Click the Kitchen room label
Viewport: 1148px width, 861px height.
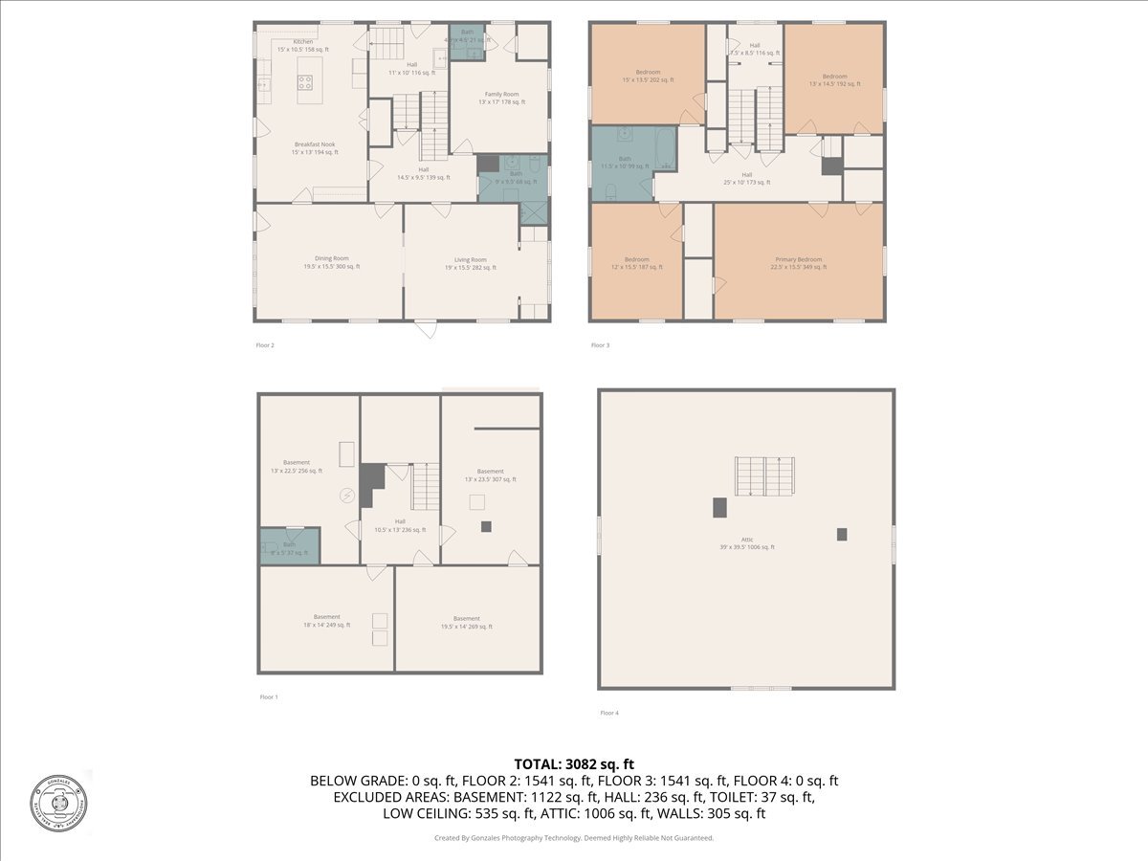(302, 46)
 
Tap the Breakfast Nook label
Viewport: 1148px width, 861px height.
(315, 147)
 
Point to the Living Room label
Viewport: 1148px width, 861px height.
(470, 263)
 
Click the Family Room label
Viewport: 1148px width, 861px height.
(501, 98)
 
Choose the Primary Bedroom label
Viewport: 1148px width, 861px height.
(798, 263)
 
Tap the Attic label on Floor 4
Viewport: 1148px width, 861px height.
(747, 542)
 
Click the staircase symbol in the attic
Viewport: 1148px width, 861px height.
(764, 475)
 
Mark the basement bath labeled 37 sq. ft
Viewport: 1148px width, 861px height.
(289, 547)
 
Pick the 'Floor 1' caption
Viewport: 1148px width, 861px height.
(269, 697)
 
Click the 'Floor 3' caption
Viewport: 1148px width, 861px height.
(599, 345)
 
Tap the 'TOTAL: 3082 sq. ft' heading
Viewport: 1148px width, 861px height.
(574, 763)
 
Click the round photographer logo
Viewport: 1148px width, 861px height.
(58, 801)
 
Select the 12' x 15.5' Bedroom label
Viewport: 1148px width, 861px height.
(636, 263)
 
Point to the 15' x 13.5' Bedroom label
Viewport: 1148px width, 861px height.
(648, 79)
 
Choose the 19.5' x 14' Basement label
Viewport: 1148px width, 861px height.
(467, 622)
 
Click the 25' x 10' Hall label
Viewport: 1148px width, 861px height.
(746, 178)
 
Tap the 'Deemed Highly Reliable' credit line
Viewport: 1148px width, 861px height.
(574, 838)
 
